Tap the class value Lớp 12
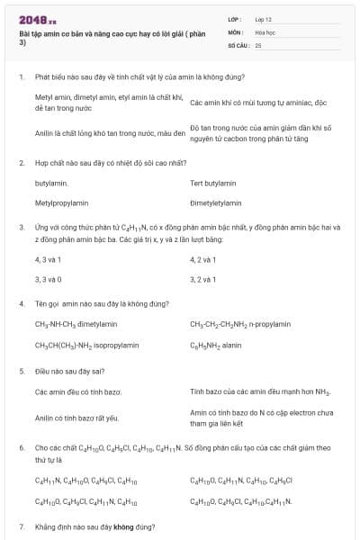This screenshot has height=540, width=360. (264, 18)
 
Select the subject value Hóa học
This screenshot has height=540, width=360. (265, 31)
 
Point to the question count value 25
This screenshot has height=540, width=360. (258, 44)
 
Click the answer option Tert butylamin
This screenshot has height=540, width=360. (213, 183)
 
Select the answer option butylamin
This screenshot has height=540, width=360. (51, 183)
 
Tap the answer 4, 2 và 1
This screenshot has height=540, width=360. (202, 259)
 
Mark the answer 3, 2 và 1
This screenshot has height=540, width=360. (202, 279)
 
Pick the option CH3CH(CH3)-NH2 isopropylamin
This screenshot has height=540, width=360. (86, 345)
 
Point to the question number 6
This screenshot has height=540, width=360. (21, 446)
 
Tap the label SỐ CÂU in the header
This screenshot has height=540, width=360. (239, 44)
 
